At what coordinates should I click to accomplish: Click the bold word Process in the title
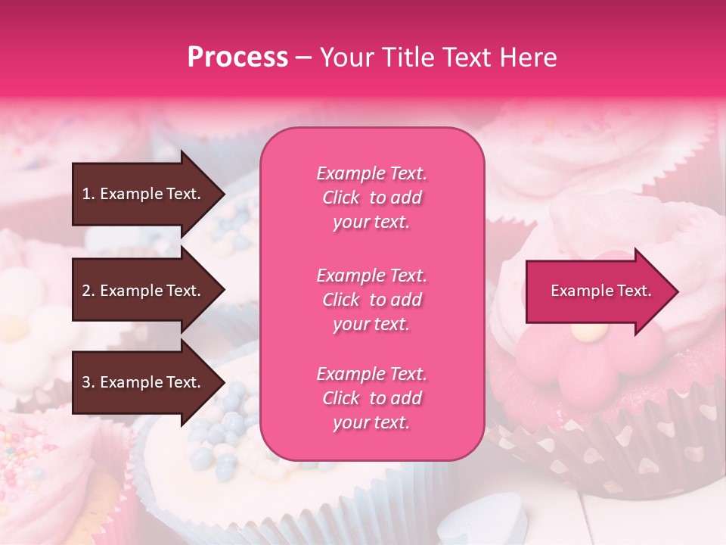coord(237,58)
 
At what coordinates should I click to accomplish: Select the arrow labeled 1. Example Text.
coord(144,194)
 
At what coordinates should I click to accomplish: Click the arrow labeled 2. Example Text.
coord(144,291)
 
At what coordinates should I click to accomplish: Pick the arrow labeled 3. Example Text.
coord(144,382)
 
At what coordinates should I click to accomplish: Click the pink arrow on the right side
coord(597,291)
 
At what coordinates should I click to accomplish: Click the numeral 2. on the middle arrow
coord(88,291)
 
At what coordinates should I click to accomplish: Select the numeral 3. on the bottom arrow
coord(88,382)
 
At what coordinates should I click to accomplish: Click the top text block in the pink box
coord(371,198)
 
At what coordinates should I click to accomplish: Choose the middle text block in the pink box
coord(371,300)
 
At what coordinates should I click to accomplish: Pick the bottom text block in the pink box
coord(371,398)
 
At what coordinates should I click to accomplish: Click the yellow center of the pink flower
coord(589,330)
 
